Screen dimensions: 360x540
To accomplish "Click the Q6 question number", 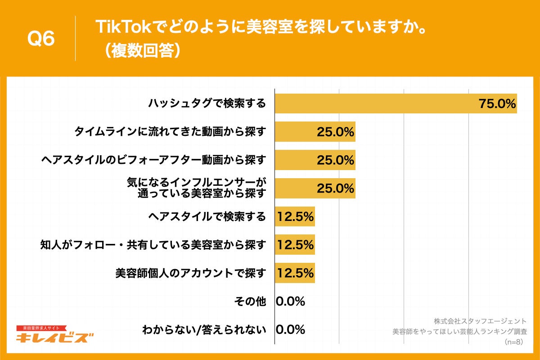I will click(41, 39).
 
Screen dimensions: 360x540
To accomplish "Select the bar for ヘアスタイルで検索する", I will click(295, 216).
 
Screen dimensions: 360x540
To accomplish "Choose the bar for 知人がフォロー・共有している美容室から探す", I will click(295, 245).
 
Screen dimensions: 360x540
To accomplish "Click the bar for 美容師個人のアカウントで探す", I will click(295, 273).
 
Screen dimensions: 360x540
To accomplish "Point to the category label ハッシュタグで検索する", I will click(207, 104).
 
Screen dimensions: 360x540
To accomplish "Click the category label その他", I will click(250, 301).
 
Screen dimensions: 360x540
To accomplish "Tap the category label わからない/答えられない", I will click(204, 329).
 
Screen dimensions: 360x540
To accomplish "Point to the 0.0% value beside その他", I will click(290, 301).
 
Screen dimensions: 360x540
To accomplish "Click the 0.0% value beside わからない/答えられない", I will click(290, 329).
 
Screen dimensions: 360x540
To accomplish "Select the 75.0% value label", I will click(497, 104).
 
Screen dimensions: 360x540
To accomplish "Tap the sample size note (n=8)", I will click(515, 342).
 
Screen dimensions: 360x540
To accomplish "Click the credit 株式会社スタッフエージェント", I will click(480, 321).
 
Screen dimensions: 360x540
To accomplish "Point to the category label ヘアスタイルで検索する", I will click(207, 216).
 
